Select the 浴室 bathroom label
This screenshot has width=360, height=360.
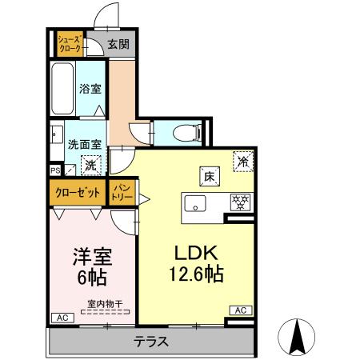click(x=89, y=89)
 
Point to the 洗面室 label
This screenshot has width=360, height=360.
click(x=84, y=146)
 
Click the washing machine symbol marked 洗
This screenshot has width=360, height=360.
click(x=90, y=166)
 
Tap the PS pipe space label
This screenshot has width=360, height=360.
click(x=54, y=170)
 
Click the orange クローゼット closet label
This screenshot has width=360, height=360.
click(x=78, y=192)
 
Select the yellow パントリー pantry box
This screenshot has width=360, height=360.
click(x=122, y=192)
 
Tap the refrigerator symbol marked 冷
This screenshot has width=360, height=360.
click(x=242, y=161)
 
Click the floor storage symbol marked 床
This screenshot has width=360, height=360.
click(x=205, y=176)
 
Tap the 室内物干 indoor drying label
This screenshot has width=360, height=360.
click(x=103, y=303)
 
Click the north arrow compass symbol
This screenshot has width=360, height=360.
click(x=298, y=337)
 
